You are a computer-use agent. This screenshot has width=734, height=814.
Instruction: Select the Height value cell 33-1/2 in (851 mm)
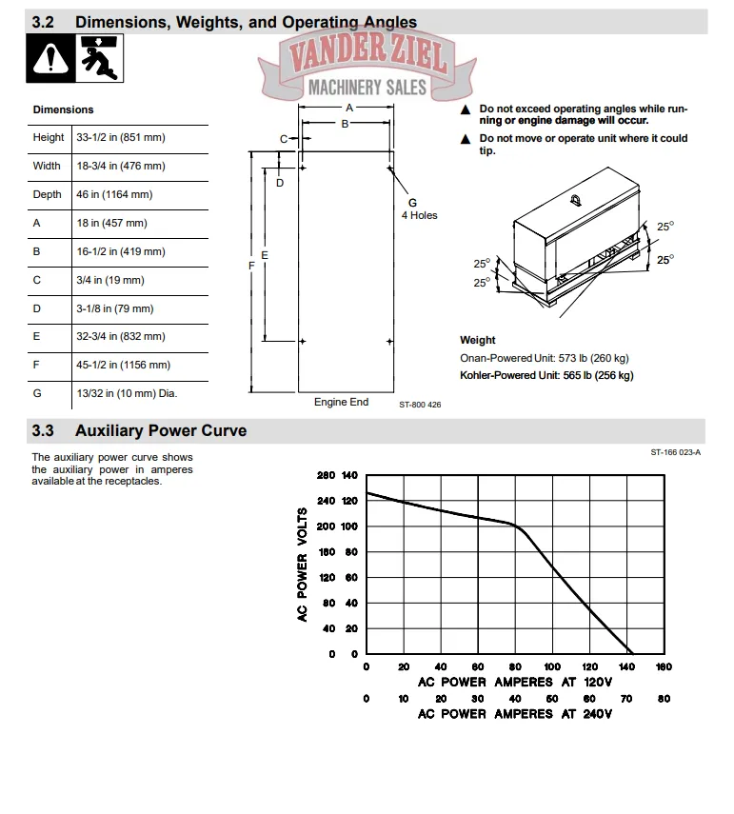pos(120,137)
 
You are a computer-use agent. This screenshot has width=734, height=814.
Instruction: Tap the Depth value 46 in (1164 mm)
pos(113,194)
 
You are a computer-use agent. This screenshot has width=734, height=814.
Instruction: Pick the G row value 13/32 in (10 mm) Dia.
pos(127,393)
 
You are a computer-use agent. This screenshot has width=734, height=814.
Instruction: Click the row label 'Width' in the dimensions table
pos(47,166)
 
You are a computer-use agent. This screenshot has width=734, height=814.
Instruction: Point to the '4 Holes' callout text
pos(419,215)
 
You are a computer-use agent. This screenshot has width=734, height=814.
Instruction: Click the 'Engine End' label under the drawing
pos(341,403)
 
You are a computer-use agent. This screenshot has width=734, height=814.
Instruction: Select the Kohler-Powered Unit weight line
pos(546,375)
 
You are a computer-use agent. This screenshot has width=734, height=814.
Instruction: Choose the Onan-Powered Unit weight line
pos(544,358)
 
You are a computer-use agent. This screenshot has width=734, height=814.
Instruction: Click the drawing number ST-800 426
pos(420,405)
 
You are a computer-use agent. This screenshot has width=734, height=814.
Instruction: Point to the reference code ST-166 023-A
pos(676,452)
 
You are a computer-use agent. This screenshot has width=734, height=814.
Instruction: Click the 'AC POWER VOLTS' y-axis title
pos(303,565)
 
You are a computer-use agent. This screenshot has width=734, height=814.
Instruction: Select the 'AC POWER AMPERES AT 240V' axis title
pos(514,713)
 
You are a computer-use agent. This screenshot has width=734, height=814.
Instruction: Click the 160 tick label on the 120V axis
pos(664,667)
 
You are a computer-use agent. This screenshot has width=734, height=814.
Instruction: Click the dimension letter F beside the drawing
pos(251,267)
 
